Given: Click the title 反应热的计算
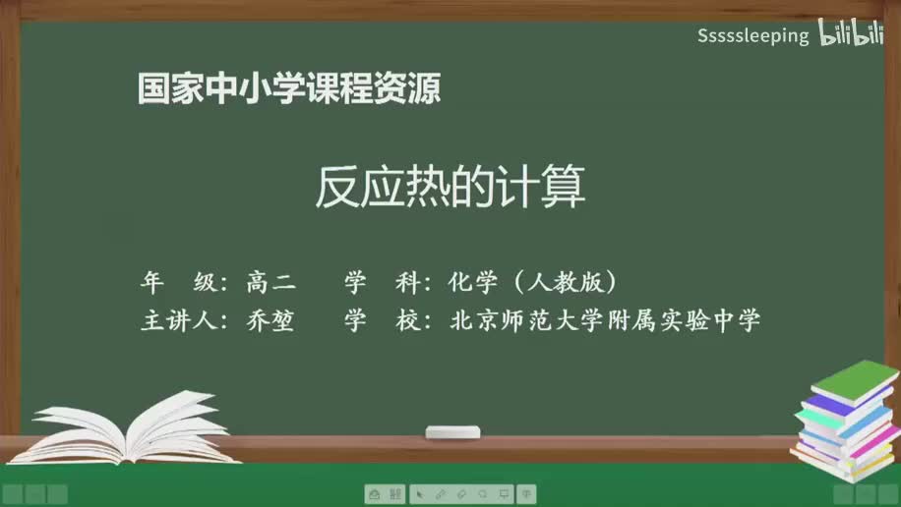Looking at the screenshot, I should pos(450,187).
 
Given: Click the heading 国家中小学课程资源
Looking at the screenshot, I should pos(288,89).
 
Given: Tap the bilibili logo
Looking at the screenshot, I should pos(851,34).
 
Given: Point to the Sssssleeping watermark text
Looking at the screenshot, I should pos(753,36).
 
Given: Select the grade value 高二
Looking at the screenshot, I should pos(270,283).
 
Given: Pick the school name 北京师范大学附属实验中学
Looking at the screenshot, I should pos(604,321).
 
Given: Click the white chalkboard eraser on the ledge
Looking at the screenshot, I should pos(452,432).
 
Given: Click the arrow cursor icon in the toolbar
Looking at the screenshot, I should pos(419,494).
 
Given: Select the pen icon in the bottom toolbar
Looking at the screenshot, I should pos(440,494).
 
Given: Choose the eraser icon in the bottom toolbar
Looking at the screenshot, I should pos(461,494).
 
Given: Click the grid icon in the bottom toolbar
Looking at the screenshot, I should pos(395,494).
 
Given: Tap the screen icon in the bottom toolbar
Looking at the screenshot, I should pos(504,494).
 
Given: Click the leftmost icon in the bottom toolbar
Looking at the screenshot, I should pos(374,494).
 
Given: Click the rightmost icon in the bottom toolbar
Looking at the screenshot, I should pos(526,494).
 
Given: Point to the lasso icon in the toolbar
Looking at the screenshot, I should pos(483,494).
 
